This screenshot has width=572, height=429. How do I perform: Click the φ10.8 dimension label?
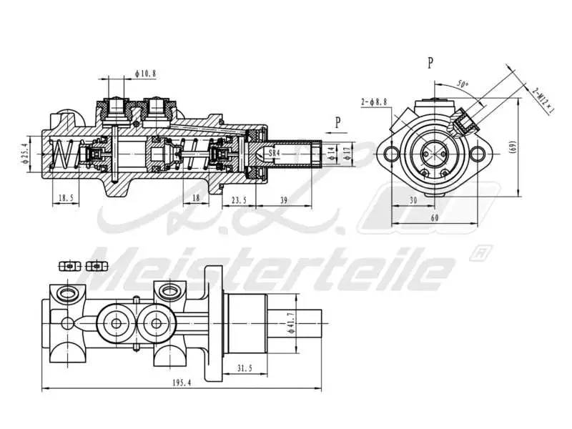145,72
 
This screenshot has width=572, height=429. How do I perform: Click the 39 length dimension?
285,200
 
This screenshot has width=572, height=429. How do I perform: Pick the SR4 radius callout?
273,153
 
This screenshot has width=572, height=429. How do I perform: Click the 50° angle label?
464,84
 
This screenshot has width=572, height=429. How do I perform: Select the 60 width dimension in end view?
435,218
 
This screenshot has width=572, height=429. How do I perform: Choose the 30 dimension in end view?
413,201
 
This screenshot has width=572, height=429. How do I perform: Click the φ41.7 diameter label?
290,323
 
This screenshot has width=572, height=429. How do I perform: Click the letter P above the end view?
430,63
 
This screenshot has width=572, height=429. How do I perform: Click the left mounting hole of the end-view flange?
389,153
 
